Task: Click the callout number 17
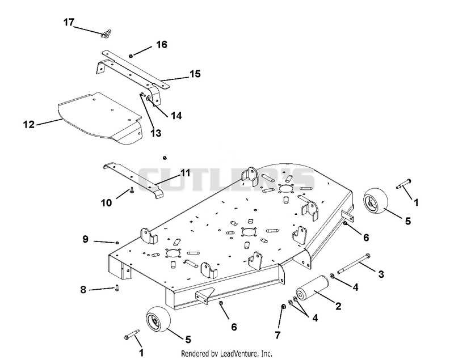[69, 22]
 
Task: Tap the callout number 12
[29, 124]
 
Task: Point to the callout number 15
[195, 74]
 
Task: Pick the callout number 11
[186, 173]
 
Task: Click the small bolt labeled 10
[132, 190]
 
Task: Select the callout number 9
[85, 239]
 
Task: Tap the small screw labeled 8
[117, 288]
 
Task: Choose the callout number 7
[278, 335]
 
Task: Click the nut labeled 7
[284, 306]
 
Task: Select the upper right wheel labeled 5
[376, 201]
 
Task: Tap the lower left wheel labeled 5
[158, 320]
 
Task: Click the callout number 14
[176, 116]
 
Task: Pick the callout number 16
[162, 45]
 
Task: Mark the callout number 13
[155, 133]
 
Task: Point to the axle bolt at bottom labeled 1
[132, 334]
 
